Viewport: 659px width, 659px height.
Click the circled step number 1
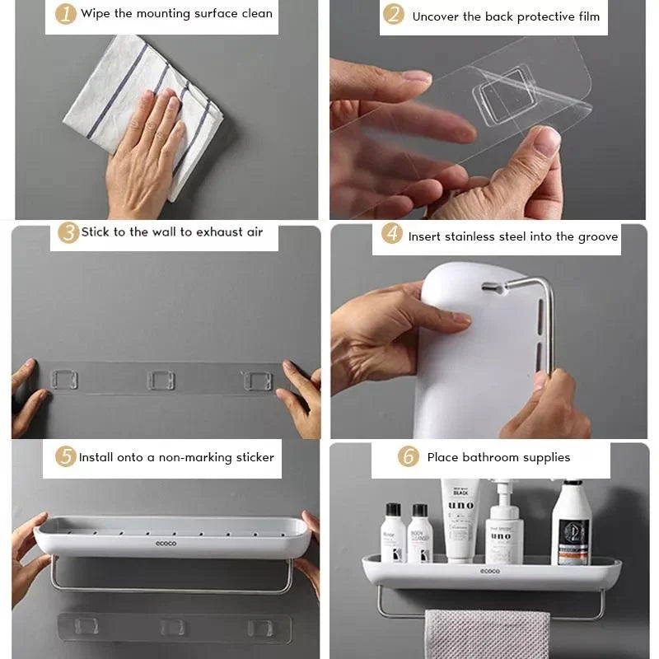[66, 14]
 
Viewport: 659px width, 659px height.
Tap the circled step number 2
[395, 15]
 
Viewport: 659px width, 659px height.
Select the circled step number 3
[68, 232]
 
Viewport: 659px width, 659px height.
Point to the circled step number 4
[393, 235]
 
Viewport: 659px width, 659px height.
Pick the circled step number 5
[66, 456]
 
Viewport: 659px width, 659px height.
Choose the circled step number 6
[409, 456]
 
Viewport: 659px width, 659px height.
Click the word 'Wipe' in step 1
[96, 14]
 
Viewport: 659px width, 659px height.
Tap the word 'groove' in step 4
[597, 236]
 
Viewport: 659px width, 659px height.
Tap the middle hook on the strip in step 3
[161, 381]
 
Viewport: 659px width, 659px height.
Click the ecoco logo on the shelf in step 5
[166, 544]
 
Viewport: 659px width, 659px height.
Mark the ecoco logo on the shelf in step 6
[490, 571]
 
